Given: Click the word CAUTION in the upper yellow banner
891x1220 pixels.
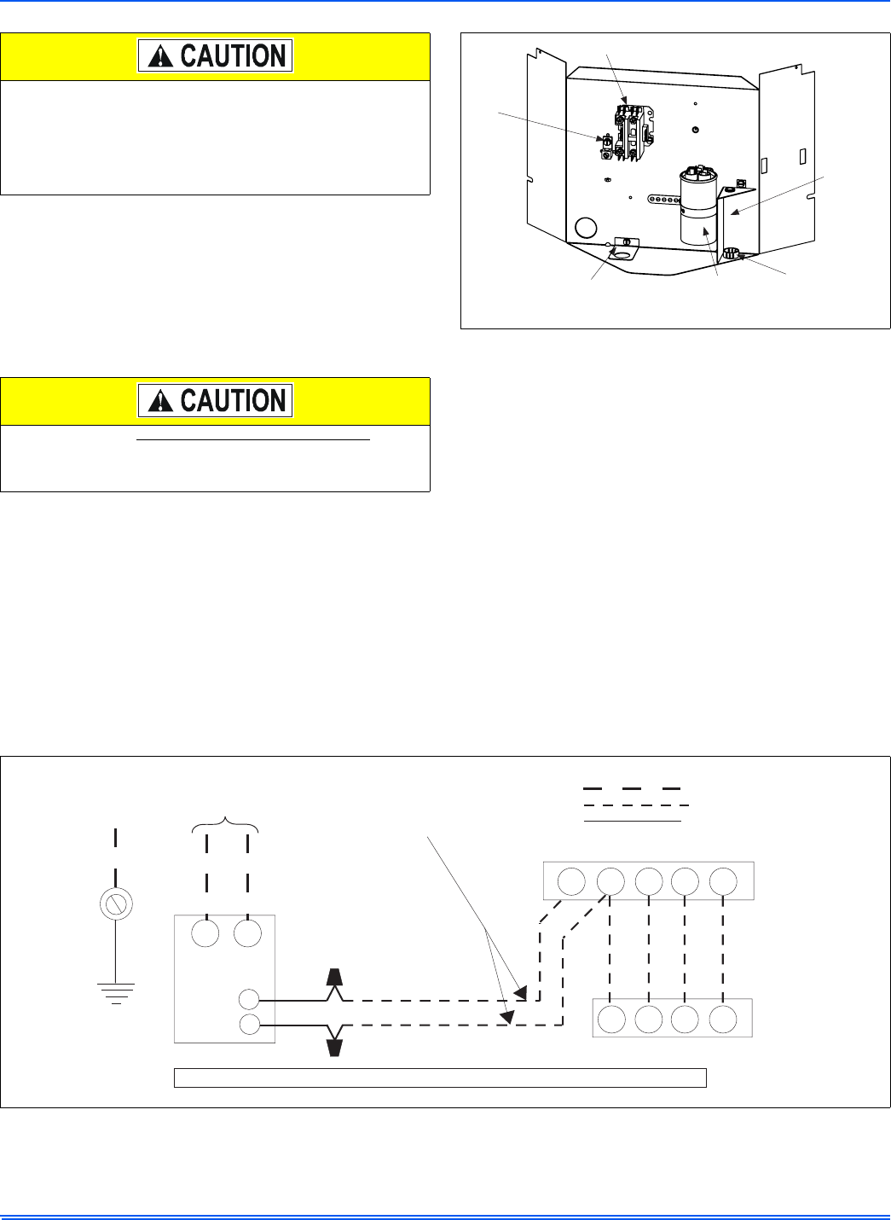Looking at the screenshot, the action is click(x=233, y=57).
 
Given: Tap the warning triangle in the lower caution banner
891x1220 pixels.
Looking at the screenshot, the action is click(x=159, y=401).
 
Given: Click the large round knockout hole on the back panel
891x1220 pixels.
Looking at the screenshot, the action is click(x=586, y=228).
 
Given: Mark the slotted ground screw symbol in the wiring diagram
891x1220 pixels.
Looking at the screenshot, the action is click(x=115, y=903).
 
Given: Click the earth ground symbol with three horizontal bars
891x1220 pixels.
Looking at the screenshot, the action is click(x=116, y=992).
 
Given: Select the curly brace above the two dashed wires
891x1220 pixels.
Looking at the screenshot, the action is click(x=227, y=822).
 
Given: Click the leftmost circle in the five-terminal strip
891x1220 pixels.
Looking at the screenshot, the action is click(x=571, y=881).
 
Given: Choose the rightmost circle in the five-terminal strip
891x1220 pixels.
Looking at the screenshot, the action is click(x=723, y=881).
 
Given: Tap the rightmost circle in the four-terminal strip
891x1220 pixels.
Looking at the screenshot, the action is click(x=723, y=1019).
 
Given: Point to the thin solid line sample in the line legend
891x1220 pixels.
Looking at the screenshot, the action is click(x=632, y=821).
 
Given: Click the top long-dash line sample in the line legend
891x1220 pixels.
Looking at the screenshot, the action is click(x=632, y=788).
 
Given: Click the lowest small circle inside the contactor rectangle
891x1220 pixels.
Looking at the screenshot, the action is click(x=249, y=1025).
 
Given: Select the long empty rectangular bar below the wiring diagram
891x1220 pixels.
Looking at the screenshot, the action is click(x=440, y=1077).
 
